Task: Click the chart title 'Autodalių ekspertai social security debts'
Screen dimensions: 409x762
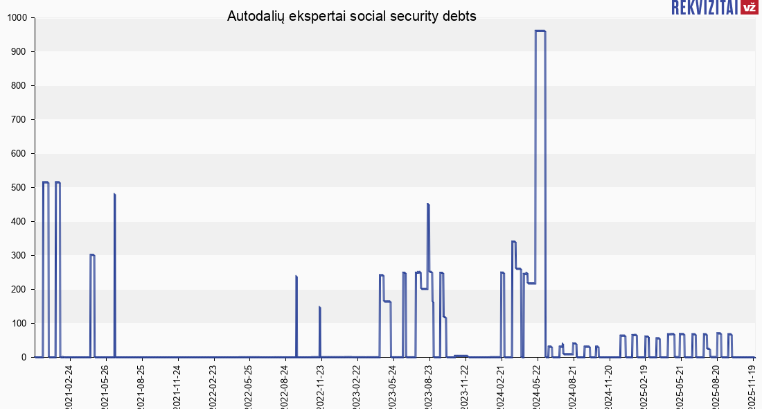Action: [x=352, y=17]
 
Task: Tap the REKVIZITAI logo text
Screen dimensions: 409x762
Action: [x=703, y=8]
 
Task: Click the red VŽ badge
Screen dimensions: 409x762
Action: [x=748, y=8]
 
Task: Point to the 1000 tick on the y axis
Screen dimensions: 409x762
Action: [x=17, y=18]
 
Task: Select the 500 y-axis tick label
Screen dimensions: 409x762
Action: [x=19, y=188]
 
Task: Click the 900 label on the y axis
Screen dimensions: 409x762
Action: [x=19, y=52]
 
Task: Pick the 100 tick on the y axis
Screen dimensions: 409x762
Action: [x=19, y=324]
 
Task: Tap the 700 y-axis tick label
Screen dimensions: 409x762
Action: [x=19, y=120]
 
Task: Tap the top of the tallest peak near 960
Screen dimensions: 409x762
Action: [x=540, y=31]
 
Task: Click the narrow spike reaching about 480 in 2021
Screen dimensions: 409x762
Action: [x=114, y=195]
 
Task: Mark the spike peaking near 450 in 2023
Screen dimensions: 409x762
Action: [x=428, y=204]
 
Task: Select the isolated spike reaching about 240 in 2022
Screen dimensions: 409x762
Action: [x=296, y=277]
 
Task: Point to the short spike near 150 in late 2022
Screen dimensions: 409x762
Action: [x=319, y=307]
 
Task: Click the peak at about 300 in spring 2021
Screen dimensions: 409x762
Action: [x=92, y=255]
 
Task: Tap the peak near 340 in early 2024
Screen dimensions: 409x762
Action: [x=513, y=241]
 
